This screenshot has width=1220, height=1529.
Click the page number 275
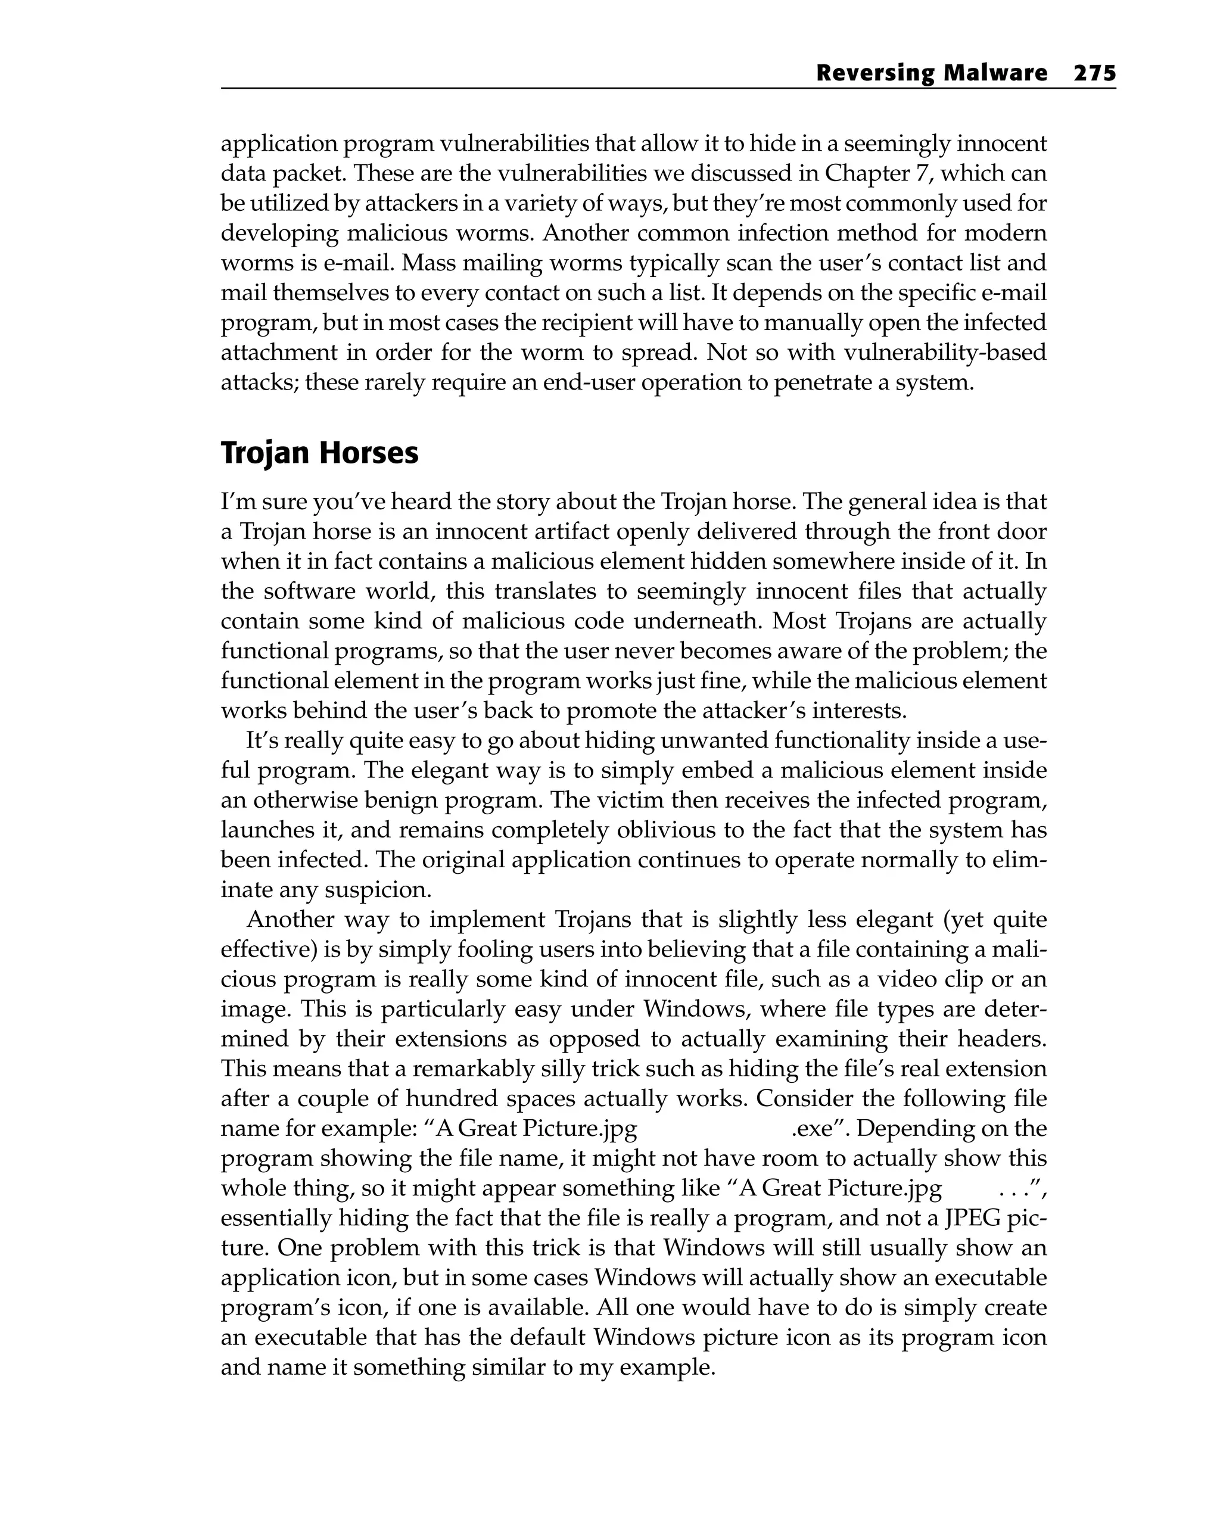pyautogui.click(x=1094, y=73)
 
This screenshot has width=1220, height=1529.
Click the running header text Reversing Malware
pyautogui.click(x=931, y=73)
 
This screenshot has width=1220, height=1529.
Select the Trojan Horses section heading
pyautogui.click(x=319, y=453)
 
